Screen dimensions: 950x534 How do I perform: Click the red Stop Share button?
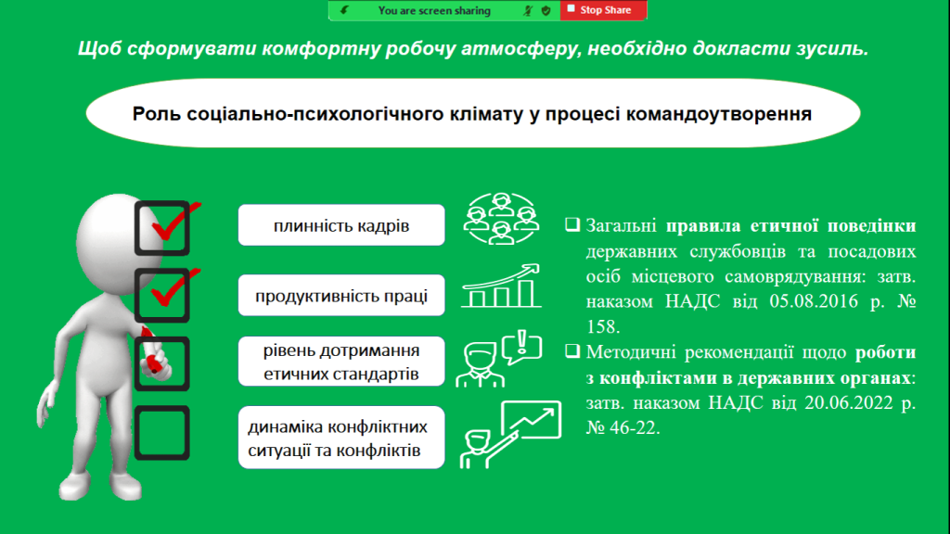point(603,10)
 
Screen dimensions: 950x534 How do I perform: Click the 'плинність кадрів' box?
point(341,225)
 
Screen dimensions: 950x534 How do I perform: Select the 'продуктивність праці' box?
point(341,296)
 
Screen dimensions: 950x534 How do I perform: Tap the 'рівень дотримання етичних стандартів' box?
point(341,362)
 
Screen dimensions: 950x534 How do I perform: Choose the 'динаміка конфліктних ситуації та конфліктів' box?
point(341,438)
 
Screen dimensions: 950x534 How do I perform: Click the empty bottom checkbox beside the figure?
point(161,408)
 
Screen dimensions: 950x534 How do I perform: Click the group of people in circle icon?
point(501,219)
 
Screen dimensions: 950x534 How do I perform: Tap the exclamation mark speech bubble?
point(521,347)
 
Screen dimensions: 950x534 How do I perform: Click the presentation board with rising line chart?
point(532,419)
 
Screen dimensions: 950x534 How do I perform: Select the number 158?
point(602,327)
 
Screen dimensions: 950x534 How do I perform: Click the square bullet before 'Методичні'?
point(571,351)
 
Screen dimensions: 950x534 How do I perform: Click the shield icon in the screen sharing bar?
point(546,10)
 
